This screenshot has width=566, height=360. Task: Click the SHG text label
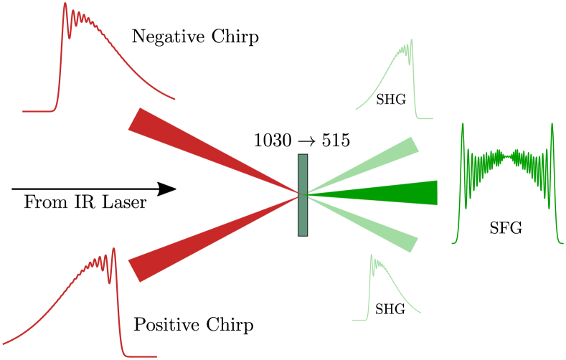tap(391, 100)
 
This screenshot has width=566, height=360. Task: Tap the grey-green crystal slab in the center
tap(303, 194)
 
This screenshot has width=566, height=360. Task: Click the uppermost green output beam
tap(373, 166)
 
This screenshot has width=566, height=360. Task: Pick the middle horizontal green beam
tap(387, 193)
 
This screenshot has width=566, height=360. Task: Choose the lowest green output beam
tap(373, 222)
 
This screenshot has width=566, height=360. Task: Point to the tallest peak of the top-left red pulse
tap(65, 4)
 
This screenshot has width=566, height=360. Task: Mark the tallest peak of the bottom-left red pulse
tap(113, 249)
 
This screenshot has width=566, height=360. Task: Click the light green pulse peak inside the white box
tap(411, 41)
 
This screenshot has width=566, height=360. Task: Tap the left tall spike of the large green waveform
tap(463, 126)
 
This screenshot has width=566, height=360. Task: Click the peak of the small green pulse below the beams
tap(371, 256)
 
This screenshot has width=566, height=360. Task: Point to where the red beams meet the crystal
tap(298, 194)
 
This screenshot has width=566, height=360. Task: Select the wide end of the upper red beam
tap(137, 120)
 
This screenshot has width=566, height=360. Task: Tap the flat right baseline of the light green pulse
tap(427, 118)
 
